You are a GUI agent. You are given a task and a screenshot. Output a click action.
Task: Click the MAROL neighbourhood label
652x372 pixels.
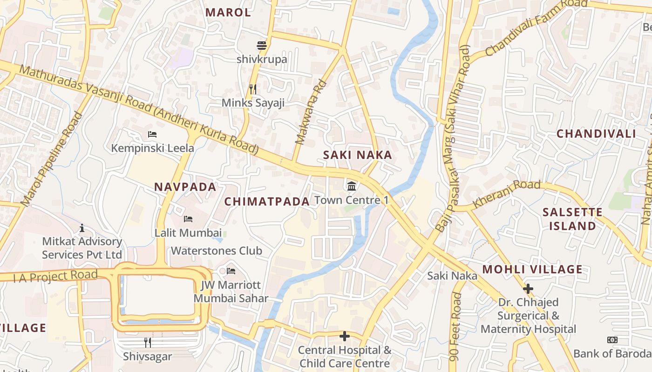click(228, 13)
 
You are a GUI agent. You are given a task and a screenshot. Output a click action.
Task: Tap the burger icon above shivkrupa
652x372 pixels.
click(262, 46)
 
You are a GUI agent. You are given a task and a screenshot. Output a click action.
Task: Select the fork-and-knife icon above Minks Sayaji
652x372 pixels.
click(253, 89)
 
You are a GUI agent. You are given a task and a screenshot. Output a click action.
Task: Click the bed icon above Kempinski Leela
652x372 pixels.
click(152, 134)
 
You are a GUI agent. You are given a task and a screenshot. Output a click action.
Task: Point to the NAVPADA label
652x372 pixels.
click(185, 187)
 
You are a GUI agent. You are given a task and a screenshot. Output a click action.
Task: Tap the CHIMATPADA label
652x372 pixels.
click(267, 201)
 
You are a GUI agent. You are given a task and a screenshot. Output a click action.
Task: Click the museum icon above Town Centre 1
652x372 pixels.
click(352, 186)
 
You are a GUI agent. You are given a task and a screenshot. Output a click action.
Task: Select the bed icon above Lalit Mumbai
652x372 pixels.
click(188, 219)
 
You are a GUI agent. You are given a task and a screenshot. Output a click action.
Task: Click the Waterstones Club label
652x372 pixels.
click(217, 251)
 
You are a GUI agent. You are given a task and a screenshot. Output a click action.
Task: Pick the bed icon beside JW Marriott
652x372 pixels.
click(231, 271)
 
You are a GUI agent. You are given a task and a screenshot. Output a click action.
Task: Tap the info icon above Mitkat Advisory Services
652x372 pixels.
click(82, 228)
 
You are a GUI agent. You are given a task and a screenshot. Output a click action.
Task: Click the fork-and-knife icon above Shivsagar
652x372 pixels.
click(148, 343)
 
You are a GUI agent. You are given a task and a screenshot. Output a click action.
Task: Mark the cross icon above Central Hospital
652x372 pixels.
click(345, 336)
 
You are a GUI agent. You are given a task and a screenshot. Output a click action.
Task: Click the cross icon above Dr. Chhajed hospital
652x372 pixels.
click(528, 289)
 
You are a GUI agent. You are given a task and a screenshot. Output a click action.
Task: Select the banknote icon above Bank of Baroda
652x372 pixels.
click(612, 340)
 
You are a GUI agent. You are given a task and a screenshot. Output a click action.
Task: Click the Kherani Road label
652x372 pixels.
click(507, 194)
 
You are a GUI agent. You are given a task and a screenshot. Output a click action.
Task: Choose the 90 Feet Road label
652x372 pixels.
click(455, 327)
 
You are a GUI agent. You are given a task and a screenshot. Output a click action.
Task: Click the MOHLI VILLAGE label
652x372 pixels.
click(532, 269)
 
